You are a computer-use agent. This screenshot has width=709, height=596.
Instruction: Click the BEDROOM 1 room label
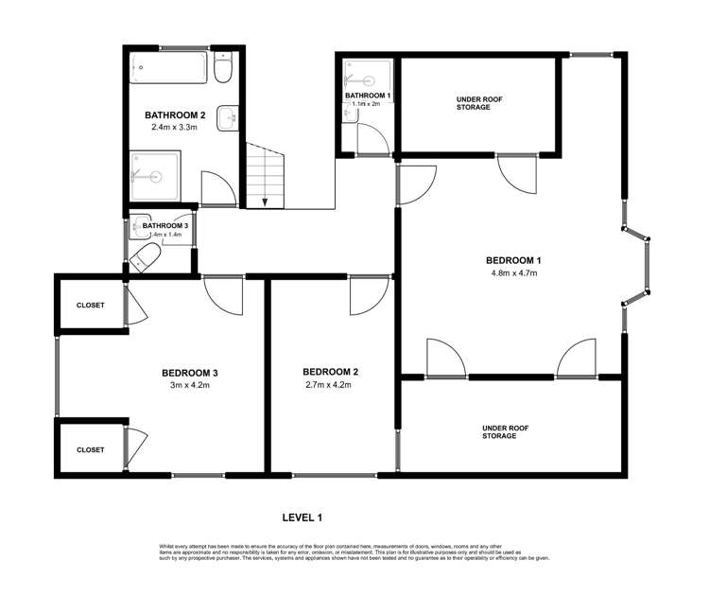pyautogui.click(x=513, y=259)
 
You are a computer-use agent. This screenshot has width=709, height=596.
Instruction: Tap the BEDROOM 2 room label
pyautogui.click(x=331, y=372)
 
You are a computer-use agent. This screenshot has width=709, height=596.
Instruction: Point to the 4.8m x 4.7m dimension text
pyautogui.click(x=513, y=273)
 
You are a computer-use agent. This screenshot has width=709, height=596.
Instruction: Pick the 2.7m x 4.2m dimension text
pyautogui.click(x=331, y=386)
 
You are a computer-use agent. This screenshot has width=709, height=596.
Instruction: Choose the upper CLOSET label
pyautogui.click(x=91, y=305)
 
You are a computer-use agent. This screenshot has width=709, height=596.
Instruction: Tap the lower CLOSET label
pyautogui.click(x=91, y=449)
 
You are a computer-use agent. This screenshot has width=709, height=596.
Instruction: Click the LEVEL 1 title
pyautogui.click(x=303, y=517)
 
